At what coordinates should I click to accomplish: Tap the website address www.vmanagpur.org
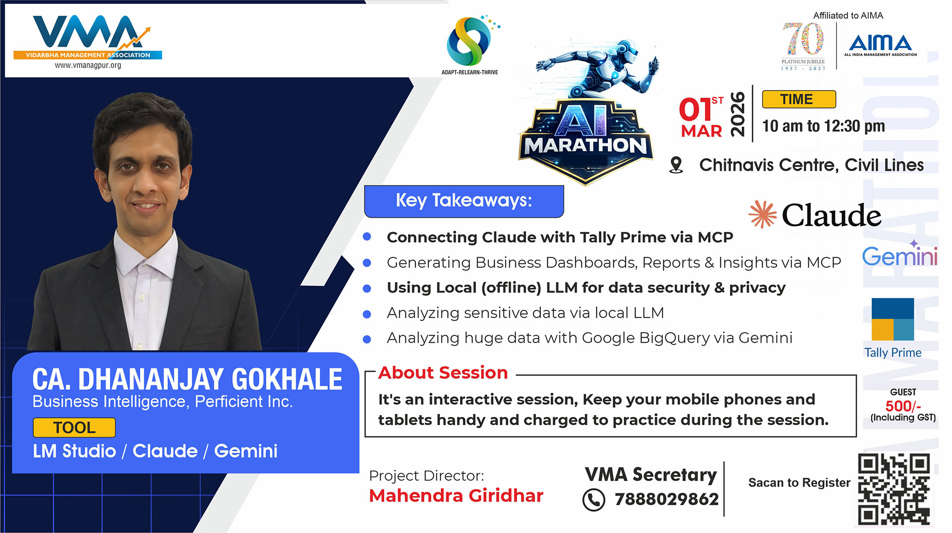(88, 65)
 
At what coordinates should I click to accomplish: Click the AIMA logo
(881, 44)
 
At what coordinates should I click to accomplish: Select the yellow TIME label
(799, 99)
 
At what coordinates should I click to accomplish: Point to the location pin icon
(676, 165)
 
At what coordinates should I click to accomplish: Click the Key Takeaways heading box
(464, 201)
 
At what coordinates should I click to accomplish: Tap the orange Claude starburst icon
(763, 214)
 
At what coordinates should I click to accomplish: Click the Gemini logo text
(900, 255)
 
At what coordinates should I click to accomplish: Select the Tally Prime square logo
(892, 319)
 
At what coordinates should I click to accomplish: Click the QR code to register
(894, 489)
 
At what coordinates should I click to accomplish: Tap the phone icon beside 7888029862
(594, 500)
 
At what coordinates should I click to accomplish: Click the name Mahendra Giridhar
(456, 495)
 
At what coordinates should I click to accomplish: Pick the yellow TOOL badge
(74, 427)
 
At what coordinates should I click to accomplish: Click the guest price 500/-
(903, 406)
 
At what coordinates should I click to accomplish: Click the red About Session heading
(443, 373)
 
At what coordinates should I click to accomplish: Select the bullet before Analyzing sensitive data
(367, 314)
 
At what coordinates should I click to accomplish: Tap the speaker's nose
(145, 183)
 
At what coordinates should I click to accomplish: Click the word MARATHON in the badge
(586, 146)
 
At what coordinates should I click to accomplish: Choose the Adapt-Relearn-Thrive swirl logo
(470, 41)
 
